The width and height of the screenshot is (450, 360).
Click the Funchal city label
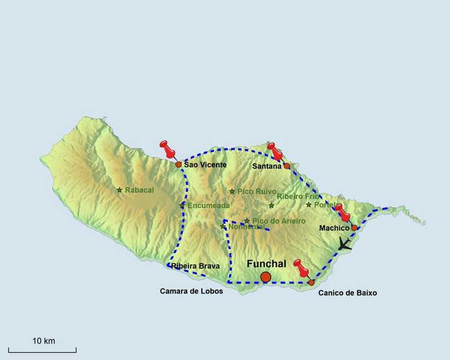click(x=266, y=264)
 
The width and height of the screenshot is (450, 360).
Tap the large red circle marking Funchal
click(x=266, y=276)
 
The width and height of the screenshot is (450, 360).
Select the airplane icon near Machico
click(x=343, y=244)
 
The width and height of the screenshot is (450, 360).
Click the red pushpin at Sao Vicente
click(x=168, y=150)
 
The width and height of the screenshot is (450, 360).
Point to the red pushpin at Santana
click(x=275, y=151)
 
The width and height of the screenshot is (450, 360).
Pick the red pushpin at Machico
click(x=342, y=212)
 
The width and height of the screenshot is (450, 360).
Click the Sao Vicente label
click(x=205, y=165)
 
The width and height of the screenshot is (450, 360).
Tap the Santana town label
click(x=267, y=166)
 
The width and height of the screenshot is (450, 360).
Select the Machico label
click(x=334, y=228)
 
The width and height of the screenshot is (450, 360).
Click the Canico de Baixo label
click(x=347, y=293)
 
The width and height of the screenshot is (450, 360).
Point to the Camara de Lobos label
click(x=191, y=291)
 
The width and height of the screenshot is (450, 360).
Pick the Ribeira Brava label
click(x=195, y=266)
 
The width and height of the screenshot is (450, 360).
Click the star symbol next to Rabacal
click(x=120, y=190)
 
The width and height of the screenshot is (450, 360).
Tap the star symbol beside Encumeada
click(x=182, y=205)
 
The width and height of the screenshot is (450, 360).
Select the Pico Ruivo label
click(x=257, y=191)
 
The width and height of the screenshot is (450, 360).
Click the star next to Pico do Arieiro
click(x=247, y=221)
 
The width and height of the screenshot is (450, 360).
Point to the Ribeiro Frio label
click(x=298, y=196)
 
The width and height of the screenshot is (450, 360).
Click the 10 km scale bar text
click(x=43, y=341)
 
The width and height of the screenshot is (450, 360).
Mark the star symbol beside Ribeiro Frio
click(x=271, y=205)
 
